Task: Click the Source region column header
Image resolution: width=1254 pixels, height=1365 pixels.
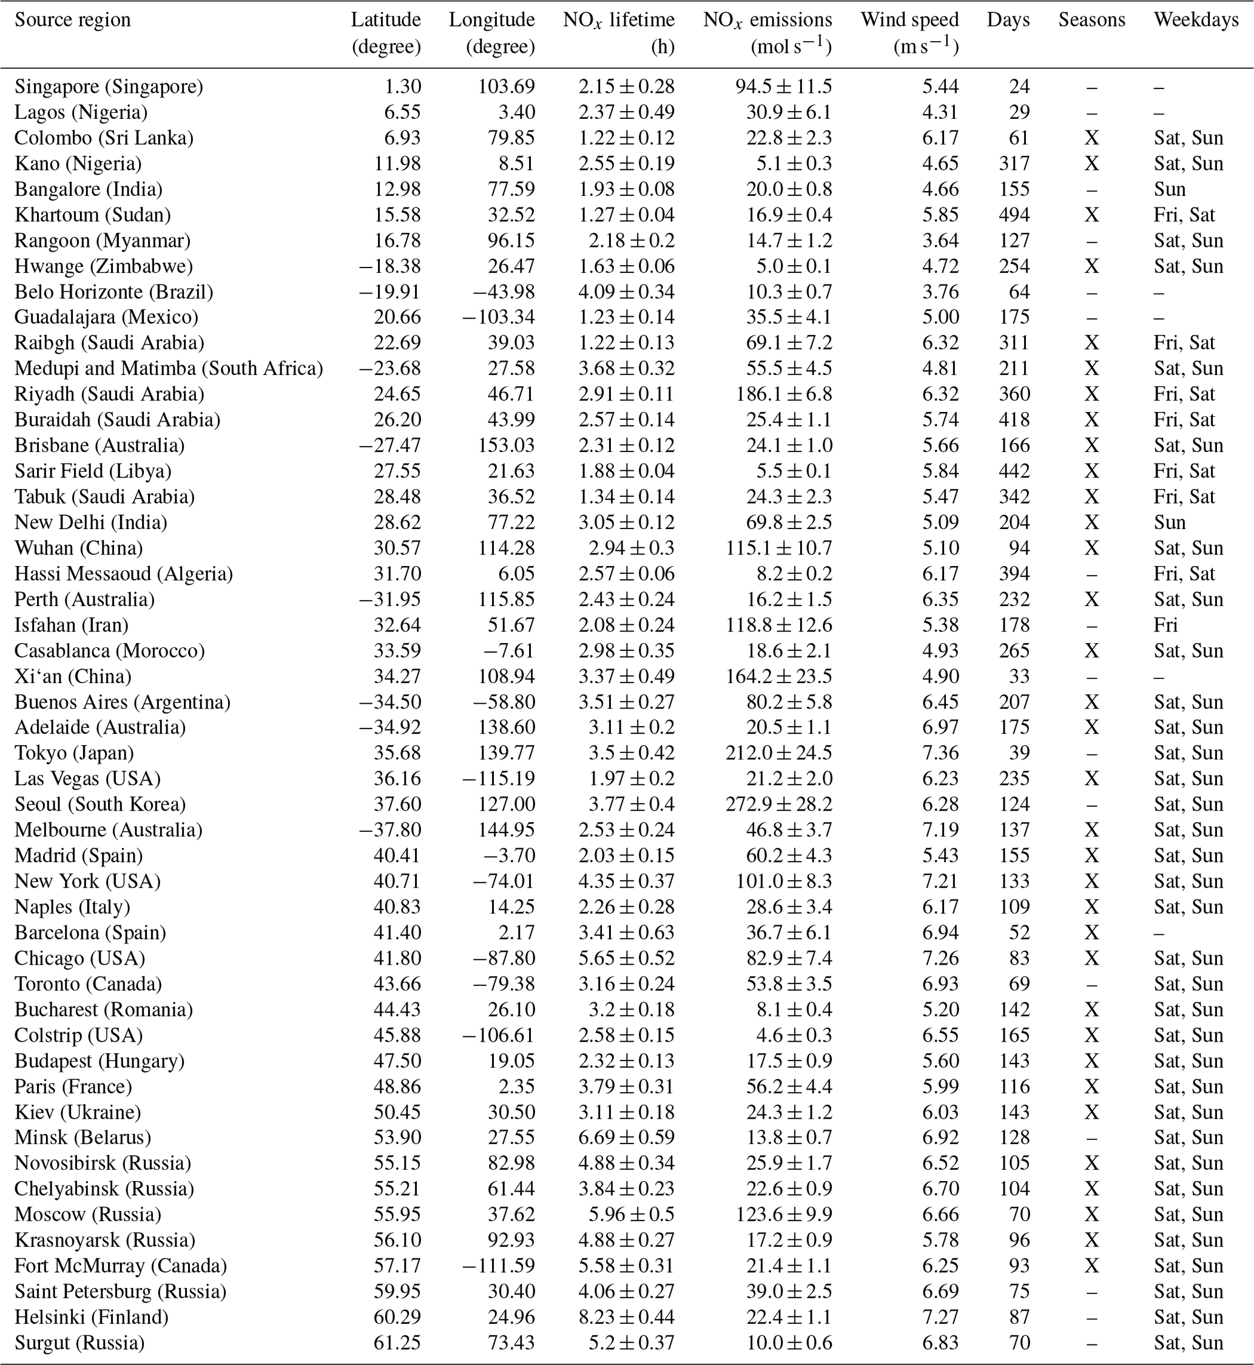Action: click(73, 19)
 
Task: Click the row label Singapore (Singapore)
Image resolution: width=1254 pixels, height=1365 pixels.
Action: click(109, 87)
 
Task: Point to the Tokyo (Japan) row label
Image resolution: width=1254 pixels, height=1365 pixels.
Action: click(74, 752)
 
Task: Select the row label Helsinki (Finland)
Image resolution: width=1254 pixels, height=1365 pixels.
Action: click(91, 1317)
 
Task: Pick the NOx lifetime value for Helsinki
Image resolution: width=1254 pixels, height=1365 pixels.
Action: click(626, 1317)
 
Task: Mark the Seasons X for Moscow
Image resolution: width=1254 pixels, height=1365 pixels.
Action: click(1091, 1215)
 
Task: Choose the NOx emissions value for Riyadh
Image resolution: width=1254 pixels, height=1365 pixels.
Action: click(784, 394)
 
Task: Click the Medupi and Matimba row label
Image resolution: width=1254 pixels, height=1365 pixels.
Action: click(168, 368)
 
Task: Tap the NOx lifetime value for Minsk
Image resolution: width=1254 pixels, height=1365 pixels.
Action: click(626, 1137)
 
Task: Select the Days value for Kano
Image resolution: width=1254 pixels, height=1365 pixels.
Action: click(1014, 164)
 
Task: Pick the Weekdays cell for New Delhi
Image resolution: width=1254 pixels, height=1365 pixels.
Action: click(1169, 522)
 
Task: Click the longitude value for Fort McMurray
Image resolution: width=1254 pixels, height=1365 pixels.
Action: click(498, 1266)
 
